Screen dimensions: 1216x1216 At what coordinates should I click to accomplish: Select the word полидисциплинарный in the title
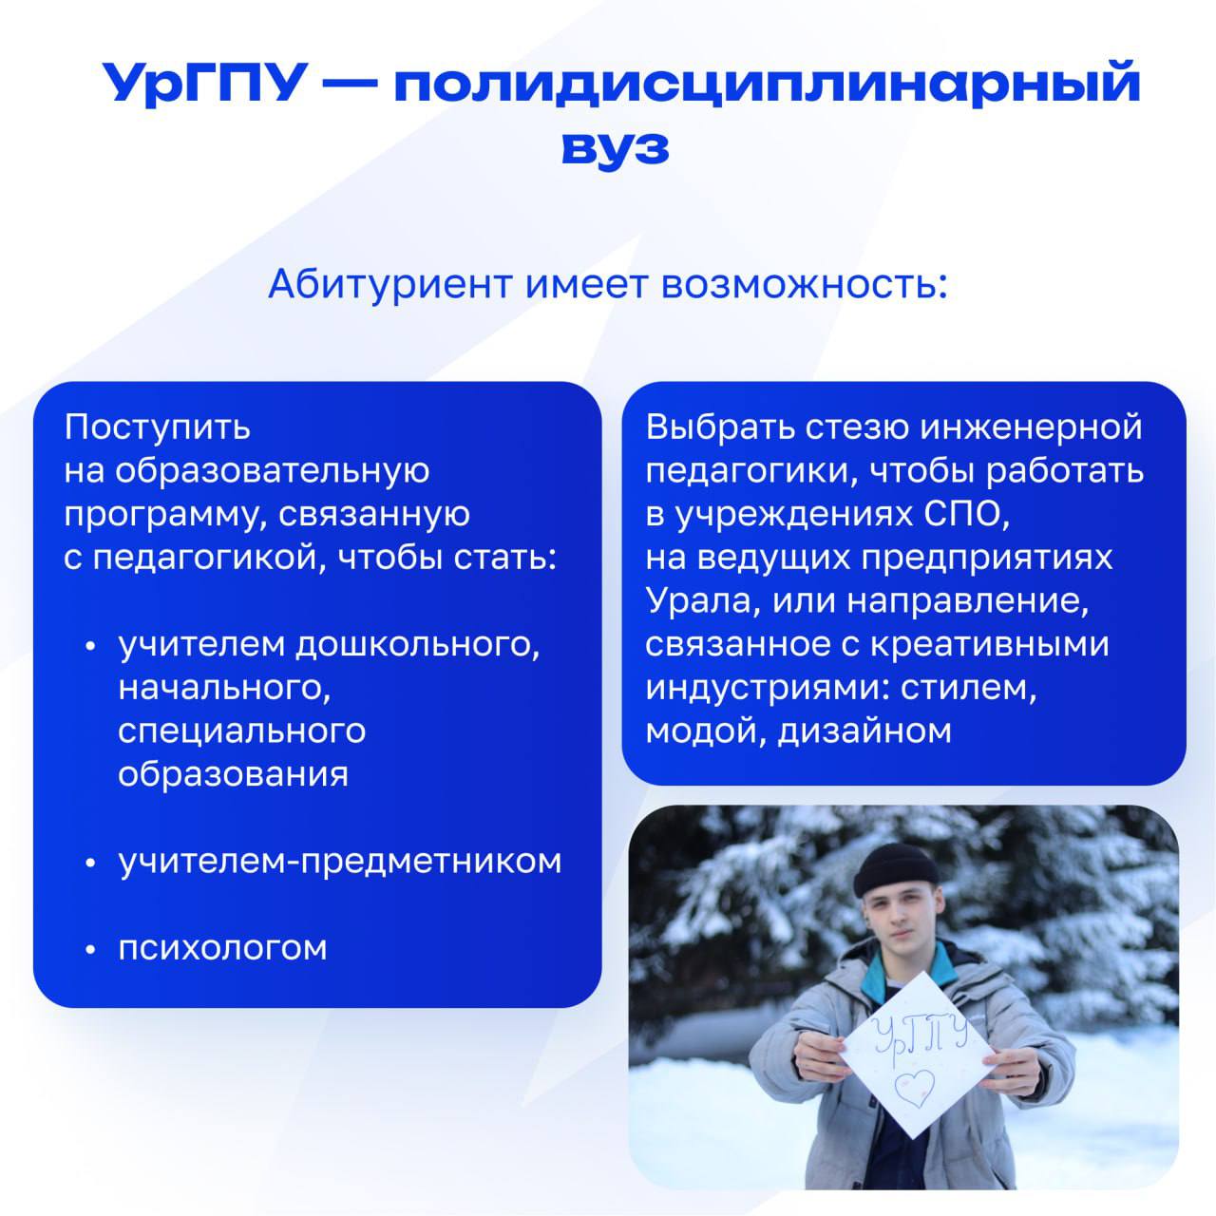point(767,84)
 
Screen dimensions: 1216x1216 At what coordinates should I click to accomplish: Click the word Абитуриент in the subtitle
point(389,284)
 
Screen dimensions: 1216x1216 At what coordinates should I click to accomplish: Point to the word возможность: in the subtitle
point(805,285)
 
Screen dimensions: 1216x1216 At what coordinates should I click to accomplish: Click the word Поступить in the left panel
point(157,428)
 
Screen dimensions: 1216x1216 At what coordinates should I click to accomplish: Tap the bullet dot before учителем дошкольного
point(90,646)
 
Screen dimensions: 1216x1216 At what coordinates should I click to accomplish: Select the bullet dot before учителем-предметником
point(90,863)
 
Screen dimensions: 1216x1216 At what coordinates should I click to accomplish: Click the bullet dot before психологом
point(90,949)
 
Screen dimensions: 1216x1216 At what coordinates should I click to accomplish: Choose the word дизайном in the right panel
point(864,732)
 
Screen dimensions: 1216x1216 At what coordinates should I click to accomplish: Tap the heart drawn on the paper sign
point(915,1087)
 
